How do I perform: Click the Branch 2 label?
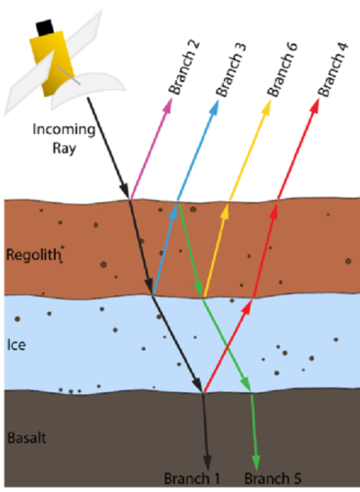pyautogui.click(x=184, y=67)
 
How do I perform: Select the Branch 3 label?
pyautogui.click(x=230, y=69)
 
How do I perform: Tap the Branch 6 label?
pyautogui.click(x=282, y=69)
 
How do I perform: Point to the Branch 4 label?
pyautogui.click(x=332, y=69)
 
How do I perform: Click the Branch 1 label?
pyautogui.click(x=192, y=479)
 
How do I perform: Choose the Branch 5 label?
pyautogui.click(x=273, y=479)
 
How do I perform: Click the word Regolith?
pyautogui.click(x=34, y=255)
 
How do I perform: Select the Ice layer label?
pyautogui.click(x=16, y=344)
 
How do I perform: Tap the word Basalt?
pyautogui.click(x=27, y=437)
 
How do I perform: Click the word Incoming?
pyautogui.click(x=64, y=130)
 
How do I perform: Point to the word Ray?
pyautogui.click(x=64, y=148)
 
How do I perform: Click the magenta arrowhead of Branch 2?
pyautogui.click(x=167, y=105)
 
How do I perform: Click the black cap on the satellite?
pyautogui.click(x=45, y=27)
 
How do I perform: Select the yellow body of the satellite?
pyautogui.click(x=52, y=63)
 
